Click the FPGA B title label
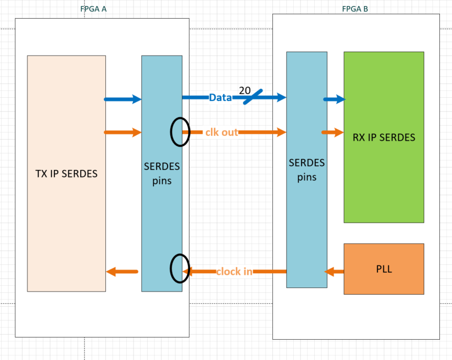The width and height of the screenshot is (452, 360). pos(355,9)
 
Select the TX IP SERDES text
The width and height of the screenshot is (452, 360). pos(66,174)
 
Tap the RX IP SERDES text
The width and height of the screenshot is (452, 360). pos(384,137)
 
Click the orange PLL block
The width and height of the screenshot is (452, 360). pos(384,269)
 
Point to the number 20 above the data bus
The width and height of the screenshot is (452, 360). pos(245,90)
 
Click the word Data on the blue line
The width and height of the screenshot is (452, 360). pos(220,98)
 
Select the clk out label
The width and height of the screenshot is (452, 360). pos(222,132)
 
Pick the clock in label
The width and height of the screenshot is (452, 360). pos(234,271)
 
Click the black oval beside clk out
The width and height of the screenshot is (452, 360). pos(179,132)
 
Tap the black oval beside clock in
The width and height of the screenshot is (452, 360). pos(179,268)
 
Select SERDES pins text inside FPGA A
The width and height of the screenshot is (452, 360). pos(161,173)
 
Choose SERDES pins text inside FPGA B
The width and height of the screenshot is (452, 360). pos(307,170)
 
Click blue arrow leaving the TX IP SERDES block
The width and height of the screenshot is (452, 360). pos(123,99)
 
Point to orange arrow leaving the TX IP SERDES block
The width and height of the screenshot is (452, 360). pos(123,132)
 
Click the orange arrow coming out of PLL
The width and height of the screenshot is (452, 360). pos(334,271)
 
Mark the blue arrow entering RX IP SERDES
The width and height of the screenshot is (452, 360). pos(334,99)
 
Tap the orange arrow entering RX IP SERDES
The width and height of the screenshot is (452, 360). pos(332,132)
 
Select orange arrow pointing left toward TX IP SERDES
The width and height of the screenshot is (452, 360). pos(122,272)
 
